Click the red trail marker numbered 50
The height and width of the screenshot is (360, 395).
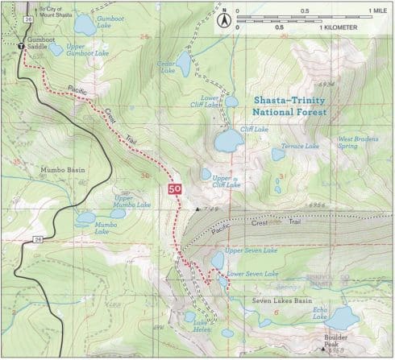pyautogui.click(x=173, y=189)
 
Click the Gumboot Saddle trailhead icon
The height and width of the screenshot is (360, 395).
pyautogui.click(x=21, y=48)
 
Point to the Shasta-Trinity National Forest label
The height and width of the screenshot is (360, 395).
pyautogui.click(x=290, y=106)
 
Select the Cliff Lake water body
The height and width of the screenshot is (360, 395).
pyautogui.click(x=229, y=140)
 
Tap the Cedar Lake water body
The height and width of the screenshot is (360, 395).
pyautogui.click(x=184, y=60)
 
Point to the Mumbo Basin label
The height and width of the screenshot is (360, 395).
pyautogui.click(x=56, y=171)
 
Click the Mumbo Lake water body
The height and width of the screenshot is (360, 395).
pyautogui.click(x=85, y=217)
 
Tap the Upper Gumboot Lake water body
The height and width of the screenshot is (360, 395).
pyautogui.click(x=56, y=49)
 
